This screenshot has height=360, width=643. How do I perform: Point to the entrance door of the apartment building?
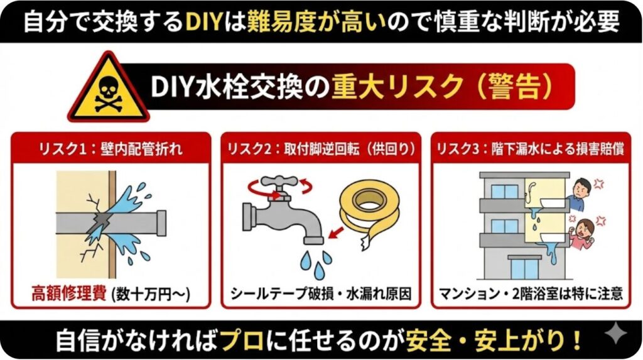(x=524, y=267)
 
